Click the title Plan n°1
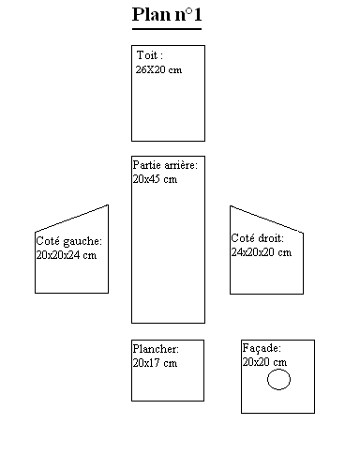[168, 14]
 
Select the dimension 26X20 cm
[158, 69]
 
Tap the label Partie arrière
[164, 165]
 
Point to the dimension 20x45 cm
[155, 178]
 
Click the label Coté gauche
[68, 241]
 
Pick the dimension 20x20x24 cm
[66, 254]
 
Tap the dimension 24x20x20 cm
[261, 251]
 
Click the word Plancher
[155, 349]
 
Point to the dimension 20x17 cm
[155, 362]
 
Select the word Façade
[261, 348]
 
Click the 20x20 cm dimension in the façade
[264, 361]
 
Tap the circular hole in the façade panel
[278, 380]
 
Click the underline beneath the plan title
[168, 28]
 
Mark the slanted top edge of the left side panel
[72, 218]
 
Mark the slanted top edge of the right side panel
[266, 218]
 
